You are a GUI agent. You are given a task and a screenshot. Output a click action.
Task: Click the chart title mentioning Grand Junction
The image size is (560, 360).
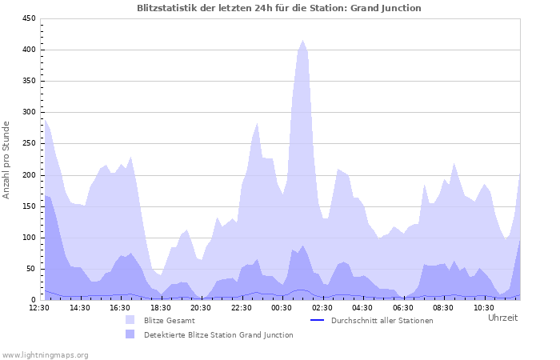pos(279,7)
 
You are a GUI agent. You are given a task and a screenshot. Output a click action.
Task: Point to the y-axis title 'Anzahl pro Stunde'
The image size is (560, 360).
pos(7,160)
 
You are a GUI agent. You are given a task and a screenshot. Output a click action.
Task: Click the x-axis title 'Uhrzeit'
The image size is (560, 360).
pos(502,318)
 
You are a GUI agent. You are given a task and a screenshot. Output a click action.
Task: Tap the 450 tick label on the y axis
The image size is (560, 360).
pos(28,18)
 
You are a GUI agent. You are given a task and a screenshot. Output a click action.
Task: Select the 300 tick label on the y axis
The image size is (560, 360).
pos(28,112)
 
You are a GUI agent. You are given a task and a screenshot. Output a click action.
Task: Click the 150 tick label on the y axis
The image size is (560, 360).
pos(28,206)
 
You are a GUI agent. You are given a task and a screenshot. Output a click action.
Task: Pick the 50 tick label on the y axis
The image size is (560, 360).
pos(30,269)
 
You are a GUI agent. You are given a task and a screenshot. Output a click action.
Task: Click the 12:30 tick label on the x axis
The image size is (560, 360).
pos(39,307)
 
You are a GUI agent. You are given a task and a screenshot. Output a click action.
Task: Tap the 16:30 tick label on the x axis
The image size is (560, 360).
pos(120,307)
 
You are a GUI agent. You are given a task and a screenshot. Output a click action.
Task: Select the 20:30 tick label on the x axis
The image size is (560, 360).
pos(201,307)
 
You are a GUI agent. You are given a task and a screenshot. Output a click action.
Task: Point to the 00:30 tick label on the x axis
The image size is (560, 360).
pos(282,307)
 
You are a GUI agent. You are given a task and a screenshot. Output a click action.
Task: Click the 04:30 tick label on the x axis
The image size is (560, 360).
pos(362,307)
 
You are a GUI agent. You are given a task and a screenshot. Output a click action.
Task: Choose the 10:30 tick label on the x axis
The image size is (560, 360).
pos(483,307)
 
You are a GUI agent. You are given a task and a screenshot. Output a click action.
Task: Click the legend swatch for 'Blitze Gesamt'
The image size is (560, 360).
pos(130,320)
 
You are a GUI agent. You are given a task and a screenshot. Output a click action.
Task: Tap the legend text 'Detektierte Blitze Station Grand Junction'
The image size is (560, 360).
pos(218,334)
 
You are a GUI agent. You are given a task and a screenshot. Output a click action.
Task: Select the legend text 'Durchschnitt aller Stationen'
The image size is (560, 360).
pos(382,320)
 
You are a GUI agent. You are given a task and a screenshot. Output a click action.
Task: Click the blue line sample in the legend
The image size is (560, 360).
pos(317,320)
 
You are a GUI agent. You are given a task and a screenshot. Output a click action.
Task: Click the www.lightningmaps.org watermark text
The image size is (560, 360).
pos(45,354)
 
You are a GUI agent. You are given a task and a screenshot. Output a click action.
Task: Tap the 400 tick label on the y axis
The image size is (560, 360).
pos(28,50)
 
